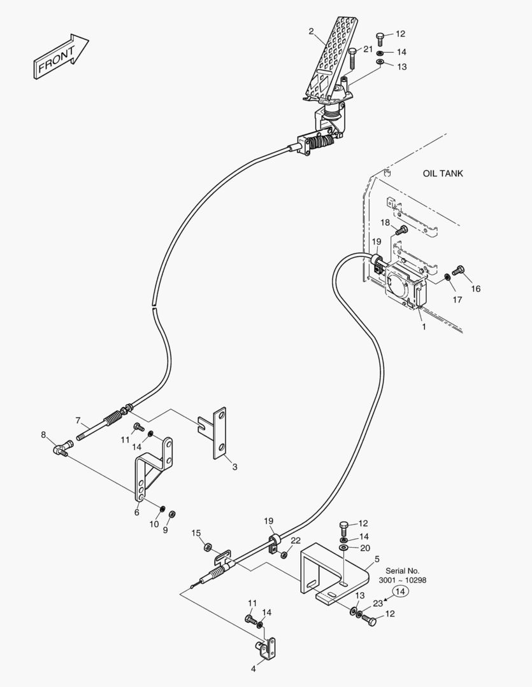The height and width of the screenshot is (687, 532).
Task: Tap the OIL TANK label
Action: (443, 173)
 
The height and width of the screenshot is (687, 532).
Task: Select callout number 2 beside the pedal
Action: (312, 31)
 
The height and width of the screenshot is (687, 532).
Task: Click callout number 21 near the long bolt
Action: (368, 49)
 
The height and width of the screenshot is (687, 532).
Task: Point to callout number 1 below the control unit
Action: (423, 326)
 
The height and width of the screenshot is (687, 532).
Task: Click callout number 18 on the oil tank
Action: (385, 223)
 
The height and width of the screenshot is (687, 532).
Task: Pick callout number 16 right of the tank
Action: (476, 289)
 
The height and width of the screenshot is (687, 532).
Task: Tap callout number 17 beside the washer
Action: (457, 300)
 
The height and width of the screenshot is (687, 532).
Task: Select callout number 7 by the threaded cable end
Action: (78, 420)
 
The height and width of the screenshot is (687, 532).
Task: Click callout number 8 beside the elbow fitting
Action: (43, 435)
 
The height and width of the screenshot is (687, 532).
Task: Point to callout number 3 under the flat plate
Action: (234, 467)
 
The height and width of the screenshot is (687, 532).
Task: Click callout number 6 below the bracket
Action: (136, 512)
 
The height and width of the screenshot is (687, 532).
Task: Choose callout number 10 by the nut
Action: (154, 524)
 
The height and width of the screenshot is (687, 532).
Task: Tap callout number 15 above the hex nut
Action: (196, 533)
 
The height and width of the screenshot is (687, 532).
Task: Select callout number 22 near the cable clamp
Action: (296, 540)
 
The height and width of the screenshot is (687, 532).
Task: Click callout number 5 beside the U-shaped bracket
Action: (377, 559)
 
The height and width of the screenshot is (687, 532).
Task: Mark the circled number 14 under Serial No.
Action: (399, 592)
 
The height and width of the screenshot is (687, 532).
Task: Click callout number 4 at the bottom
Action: (253, 669)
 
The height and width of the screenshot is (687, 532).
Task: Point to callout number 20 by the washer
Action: (364, 548)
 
